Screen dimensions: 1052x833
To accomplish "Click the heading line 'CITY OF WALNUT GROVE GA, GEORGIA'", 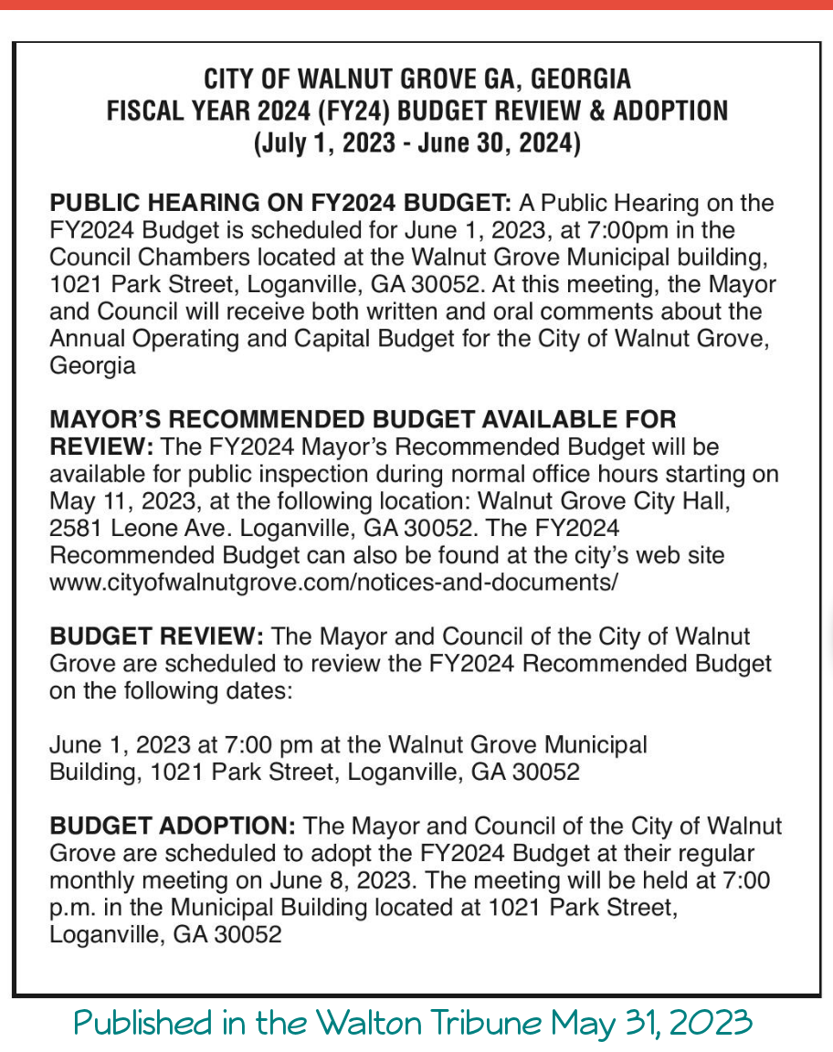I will (416, 78).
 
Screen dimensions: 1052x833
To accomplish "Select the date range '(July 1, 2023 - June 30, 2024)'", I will (416, 144).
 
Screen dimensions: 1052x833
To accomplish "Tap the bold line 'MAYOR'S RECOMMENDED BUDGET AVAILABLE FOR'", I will (363, 420).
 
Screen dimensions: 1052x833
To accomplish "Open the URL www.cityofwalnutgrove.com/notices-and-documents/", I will (333, 581).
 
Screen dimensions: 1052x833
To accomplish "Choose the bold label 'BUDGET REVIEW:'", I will (157, 636).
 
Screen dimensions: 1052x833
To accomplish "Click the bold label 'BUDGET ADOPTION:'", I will (173, 826).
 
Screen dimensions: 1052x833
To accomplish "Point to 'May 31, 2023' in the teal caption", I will (650, 1022).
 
